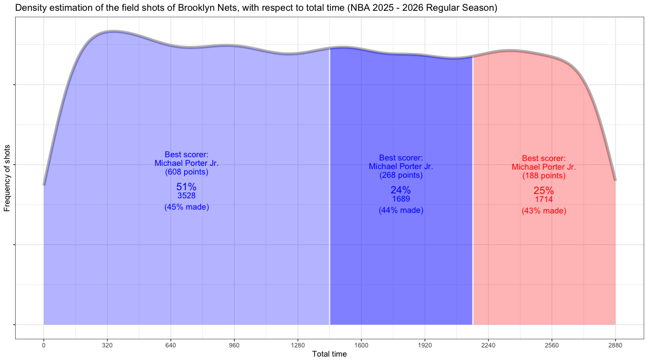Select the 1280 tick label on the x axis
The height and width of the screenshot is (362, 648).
coord(298,344)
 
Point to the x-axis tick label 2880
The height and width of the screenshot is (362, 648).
coord(615,344)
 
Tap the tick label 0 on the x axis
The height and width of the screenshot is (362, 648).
coord(44,344)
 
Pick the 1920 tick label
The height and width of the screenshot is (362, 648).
coord(424,344)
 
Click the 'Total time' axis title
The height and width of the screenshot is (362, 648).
coord(329,354)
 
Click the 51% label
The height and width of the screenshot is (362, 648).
coord(186,187)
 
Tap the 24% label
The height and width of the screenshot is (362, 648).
coord(401,190)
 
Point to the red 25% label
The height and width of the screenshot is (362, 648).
coord(544,191)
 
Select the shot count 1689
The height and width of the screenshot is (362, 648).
coord(401,199)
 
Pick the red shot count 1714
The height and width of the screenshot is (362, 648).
coord(544,199)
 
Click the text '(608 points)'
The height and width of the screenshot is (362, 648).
coord(186,172)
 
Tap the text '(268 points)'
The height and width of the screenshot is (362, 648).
coord(401,175)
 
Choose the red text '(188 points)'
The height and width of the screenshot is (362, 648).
coord(544,176)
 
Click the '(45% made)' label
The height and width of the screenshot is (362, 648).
coord(186,207)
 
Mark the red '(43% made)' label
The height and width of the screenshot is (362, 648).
coord(544,211)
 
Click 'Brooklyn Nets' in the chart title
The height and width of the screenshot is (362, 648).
coord(207,8)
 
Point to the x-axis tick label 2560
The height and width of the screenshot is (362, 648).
coord(552,344)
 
